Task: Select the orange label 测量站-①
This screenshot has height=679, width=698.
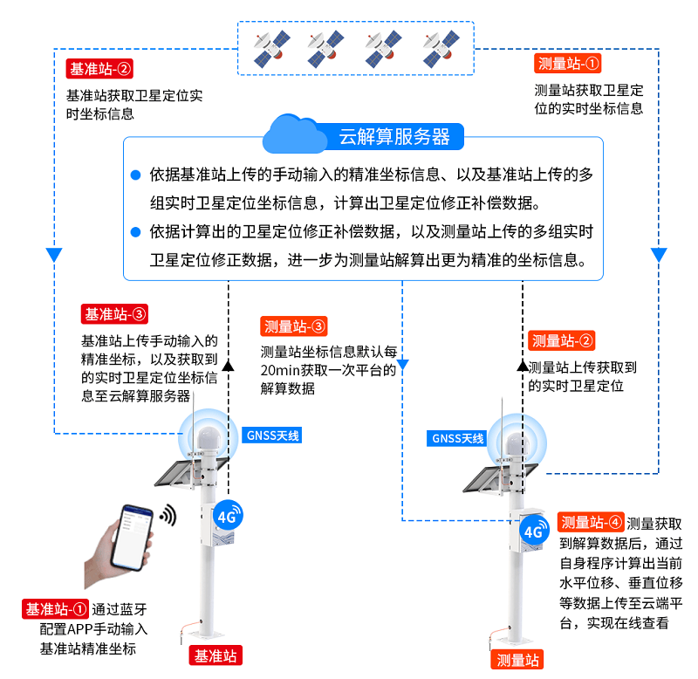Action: (569, 64)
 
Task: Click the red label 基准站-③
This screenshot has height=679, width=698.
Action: (114, 313)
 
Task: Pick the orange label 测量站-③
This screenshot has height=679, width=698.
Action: (294, 326)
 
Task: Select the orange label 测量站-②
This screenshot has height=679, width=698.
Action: (563, 340)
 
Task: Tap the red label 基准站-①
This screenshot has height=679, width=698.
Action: (56, 608)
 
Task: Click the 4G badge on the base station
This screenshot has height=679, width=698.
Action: (227, 516)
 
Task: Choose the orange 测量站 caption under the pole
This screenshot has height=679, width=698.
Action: (518, 660)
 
